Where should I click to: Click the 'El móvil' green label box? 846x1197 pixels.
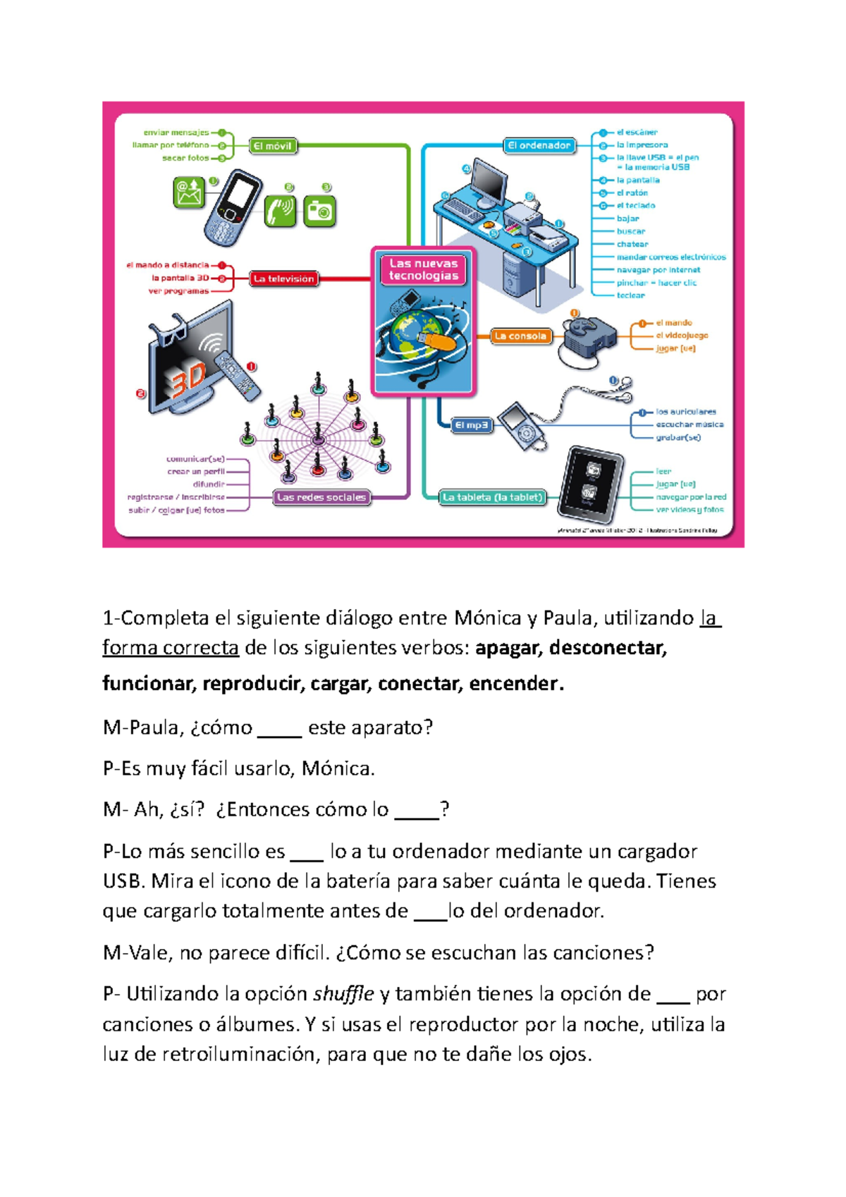click(x=273, y=146)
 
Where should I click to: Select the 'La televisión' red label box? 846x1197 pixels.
click(x=284, y=279)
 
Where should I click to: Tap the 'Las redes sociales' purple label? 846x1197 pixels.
click(x=321, y=497)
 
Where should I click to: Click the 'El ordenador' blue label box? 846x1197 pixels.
click(x=540, y=146)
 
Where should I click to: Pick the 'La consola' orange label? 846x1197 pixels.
click(x=520, y=336)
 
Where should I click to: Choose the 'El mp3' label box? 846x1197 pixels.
click(x=471, y=425)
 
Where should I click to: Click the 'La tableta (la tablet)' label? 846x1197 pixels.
click(x=493, y=497)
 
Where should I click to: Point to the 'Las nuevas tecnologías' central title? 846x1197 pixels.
click(x=424, y=269)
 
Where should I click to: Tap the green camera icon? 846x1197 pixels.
click(x=319, y=211)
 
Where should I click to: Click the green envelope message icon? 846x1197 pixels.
click(x=189, y=192)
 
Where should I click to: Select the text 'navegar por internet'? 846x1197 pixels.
click(x=658, y=270)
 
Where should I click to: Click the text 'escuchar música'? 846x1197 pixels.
click(x=689, y=424)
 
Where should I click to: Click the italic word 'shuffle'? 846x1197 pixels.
click(x=343, y=994)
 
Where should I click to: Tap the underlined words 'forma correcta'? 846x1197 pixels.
click(x=171, y=647)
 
